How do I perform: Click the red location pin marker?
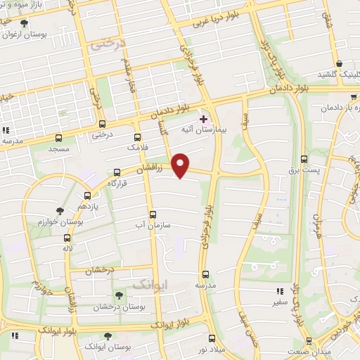pyautogui.click(x=181, y=165)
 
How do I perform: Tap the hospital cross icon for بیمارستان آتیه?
pyautogui.click(x=204, y=119)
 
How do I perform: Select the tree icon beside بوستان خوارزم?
pyautogui.click(x=60, y=210)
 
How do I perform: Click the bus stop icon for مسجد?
pyautogui.click(x=58, y=138)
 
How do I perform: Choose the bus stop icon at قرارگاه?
pyautogui.click(x=117, y=171)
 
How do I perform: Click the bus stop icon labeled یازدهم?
pyautogui.click(x=87, y=195)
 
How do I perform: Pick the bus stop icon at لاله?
pyautogui.click(x=67, y=237)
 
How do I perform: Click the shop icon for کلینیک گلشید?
pyautogui.click(x=339, y=63)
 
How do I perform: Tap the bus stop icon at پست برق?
pyautogui.click(x=304, y=159)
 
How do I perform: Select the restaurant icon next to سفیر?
pyautogui.click(x=280, y=290)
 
